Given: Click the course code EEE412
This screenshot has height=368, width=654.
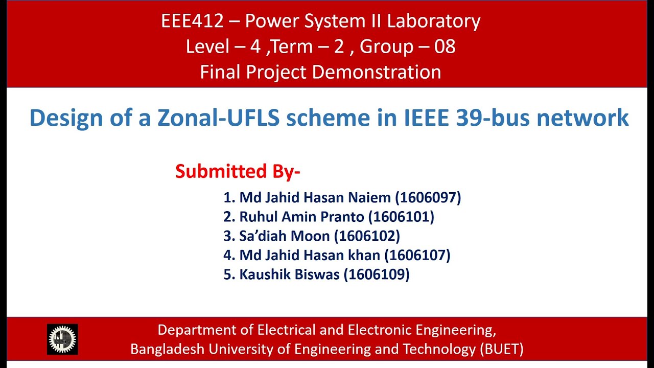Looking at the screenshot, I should click(193, 21).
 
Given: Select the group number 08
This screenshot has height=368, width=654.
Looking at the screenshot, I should click(445, 47).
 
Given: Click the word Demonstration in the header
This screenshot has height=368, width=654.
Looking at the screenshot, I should click(377, 72).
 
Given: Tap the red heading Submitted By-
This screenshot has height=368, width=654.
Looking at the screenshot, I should click(238, 171).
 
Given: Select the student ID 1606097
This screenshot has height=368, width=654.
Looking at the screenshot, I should click(428, 197).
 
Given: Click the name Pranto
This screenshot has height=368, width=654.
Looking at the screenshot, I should click(342, 217).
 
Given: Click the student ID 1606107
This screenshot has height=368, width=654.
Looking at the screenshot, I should click(417, 255).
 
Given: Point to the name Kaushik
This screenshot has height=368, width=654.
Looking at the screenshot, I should click(264, 274).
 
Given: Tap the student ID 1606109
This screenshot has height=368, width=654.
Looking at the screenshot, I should click(377, 274).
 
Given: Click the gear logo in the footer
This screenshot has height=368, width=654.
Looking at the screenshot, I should click(62, 339).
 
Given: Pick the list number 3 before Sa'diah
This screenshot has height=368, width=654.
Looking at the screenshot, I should click(227, 236).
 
